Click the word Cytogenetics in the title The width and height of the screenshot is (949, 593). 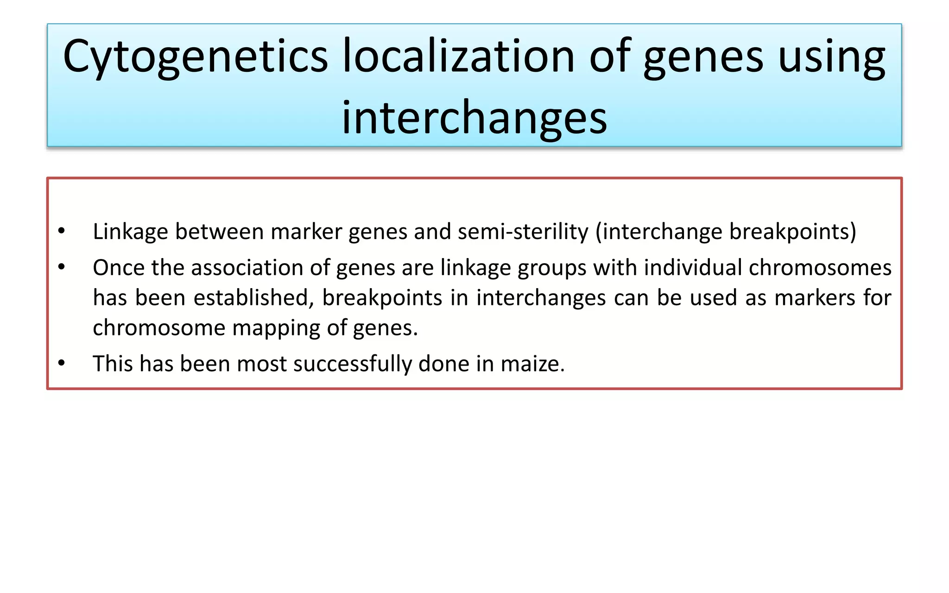[x=195, y=57]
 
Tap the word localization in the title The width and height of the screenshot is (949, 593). [x=459, y=57]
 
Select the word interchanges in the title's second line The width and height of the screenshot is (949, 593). [x=474, y=118]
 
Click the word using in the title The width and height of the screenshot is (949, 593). [x=831, y=57]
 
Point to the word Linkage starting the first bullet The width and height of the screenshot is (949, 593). [x=130, y=232]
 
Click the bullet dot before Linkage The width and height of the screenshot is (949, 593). [x=62, y=231]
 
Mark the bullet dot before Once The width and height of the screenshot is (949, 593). [x=62, y=267]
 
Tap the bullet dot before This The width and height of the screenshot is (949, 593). [x=62, y=363]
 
